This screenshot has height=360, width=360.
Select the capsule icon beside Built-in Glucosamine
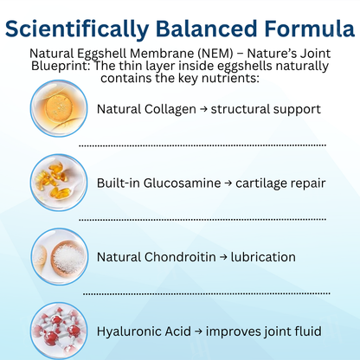pyautogui.click(x=57, y=183)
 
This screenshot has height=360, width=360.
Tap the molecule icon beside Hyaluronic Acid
pyautogui.click(x=57, y=330)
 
